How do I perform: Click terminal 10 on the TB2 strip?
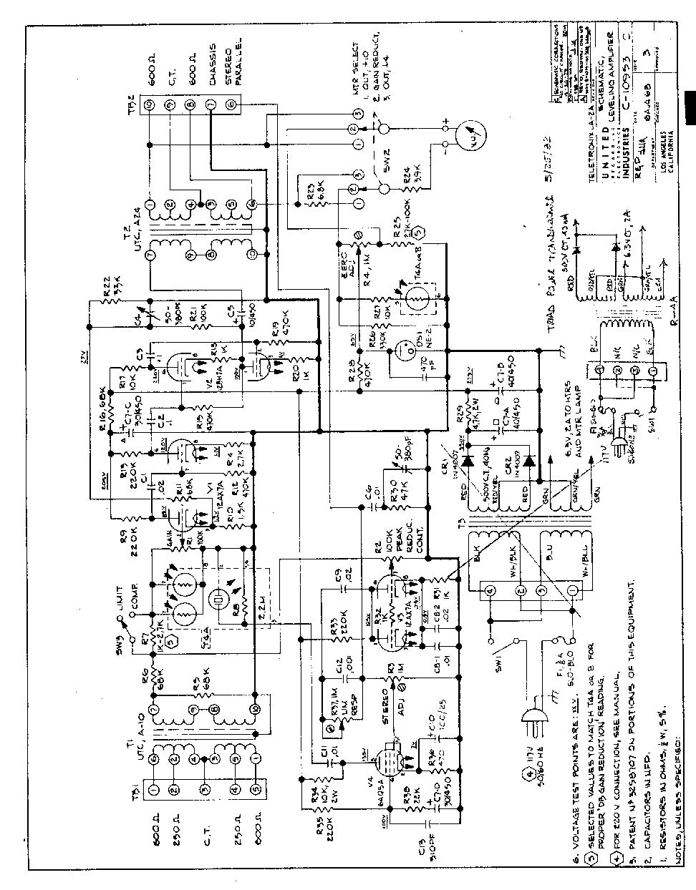[150, 106]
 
